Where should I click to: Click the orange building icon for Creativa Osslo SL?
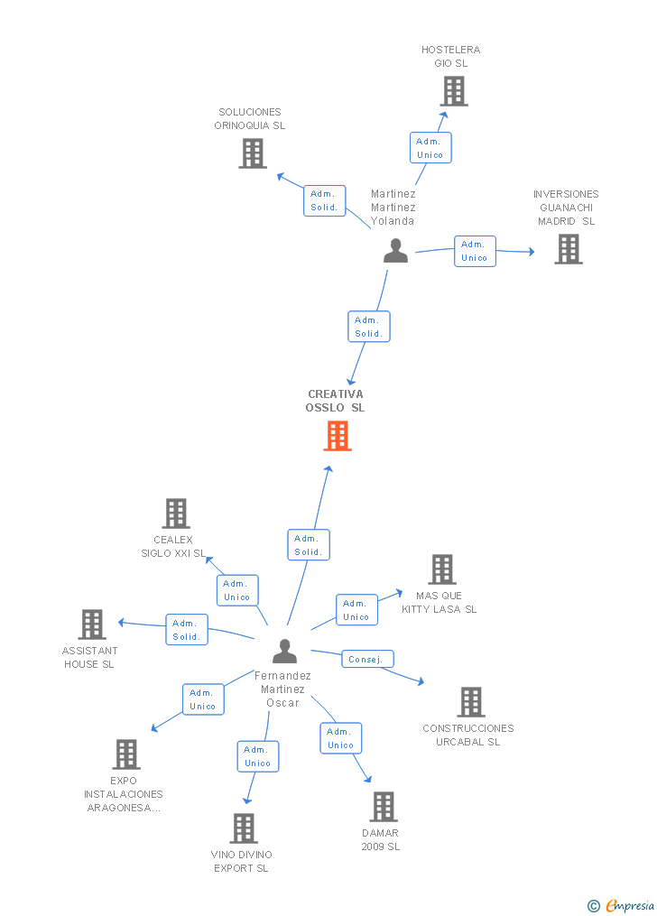(x=338, y=437)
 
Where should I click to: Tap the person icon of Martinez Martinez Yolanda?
(x=395, y=251)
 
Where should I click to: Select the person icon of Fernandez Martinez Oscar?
(x=284, y=652)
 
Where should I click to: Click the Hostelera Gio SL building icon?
(x=454, y=91)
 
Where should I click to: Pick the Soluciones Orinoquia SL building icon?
(x=253, y=153)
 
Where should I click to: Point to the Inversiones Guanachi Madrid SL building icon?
(x=569, y=249)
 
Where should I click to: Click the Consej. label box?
(x=367, y=659)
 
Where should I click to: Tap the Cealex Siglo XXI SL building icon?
(x=176, y=514)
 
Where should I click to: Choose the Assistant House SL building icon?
(x=92, y=625)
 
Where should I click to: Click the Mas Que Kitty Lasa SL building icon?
(x=442, y=569)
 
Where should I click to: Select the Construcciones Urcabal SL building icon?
(x=471, y=702)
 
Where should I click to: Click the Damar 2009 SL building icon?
(x=384, y=807)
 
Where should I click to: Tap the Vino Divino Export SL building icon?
(x=244, y=828)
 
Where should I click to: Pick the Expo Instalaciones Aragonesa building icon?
(x=126, y=754)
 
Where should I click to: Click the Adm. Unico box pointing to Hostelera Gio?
(x=430, y=148)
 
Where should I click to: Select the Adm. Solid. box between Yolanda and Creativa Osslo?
(x=368, y=327)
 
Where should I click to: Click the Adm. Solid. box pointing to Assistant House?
(x=186, y=630)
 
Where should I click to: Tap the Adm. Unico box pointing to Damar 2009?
(x=340, y=738)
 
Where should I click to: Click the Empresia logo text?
(x=630, y=905)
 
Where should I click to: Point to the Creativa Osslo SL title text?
(x=335, y=401)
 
